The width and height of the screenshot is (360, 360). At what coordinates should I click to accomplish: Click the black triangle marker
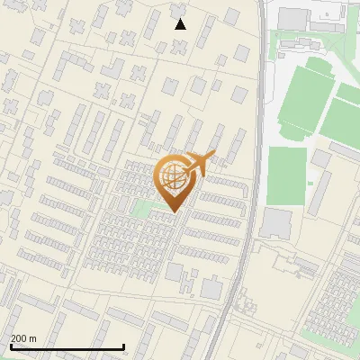(x=181, y=24)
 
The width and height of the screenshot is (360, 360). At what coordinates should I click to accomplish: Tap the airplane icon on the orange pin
(x=197, y=163)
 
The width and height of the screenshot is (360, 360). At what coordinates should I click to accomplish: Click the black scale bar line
(x=67, y=346)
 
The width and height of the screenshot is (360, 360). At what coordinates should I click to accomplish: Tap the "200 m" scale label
(x=24, y=338)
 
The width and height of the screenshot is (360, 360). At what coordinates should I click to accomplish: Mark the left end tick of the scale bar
(x=11, y=346)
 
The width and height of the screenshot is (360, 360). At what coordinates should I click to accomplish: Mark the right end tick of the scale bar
(x=123, y=346)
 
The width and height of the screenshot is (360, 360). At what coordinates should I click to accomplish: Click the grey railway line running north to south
(x=254, y=180)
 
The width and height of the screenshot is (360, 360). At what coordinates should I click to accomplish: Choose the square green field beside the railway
(x=287, y=175)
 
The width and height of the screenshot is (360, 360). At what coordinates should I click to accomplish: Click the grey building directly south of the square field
(x=276, y=223)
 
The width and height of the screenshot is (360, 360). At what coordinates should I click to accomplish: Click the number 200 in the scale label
(x=20, y=338)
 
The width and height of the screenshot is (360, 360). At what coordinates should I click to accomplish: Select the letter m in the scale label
(x=33, y=338)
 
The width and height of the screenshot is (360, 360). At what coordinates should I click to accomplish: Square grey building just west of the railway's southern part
(x=211, y=288)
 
